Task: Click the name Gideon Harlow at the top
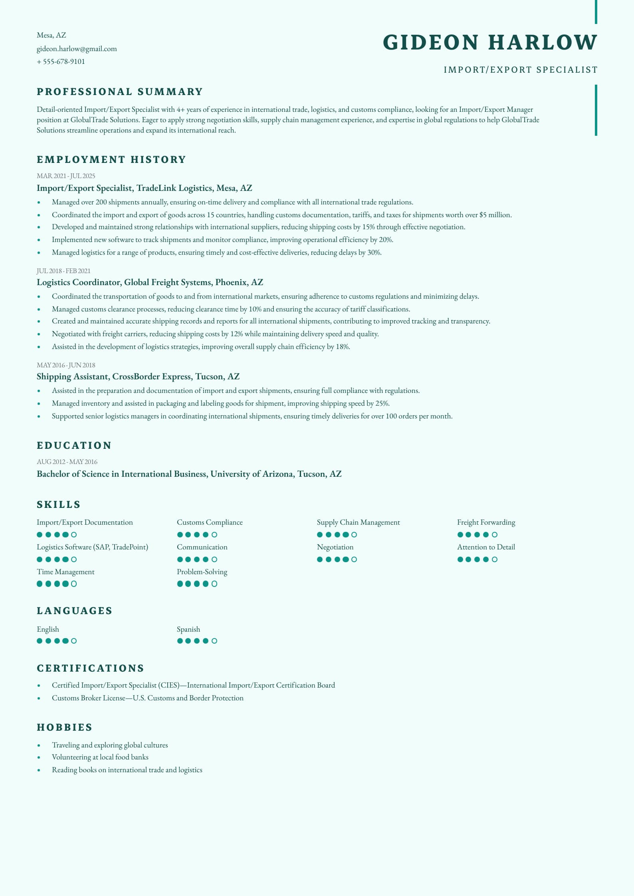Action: pos(490,42)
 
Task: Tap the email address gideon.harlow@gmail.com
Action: pos(77,49)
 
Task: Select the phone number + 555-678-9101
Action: pos(61,61)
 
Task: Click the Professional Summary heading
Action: pos(120,92)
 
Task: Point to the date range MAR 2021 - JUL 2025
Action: pos(66,176)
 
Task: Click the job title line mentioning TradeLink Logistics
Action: pos(144,188)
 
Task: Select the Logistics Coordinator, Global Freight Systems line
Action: pos(150,282)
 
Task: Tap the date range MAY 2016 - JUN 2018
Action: pos(66,365)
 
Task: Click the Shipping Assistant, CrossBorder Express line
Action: pos(138,377)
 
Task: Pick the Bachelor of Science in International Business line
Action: pos(189,474)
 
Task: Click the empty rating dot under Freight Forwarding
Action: pos(495,535)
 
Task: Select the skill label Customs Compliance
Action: pos(210,522)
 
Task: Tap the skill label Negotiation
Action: pos(335,547)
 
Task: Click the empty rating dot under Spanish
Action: pos(214,641)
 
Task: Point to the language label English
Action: pos(48,629)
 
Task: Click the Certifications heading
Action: pos(90,668)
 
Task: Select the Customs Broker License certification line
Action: pos(147,698)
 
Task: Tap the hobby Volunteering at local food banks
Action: pos(100,757)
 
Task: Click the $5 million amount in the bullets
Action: pos(495,215)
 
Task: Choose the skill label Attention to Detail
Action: pos(486,547)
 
